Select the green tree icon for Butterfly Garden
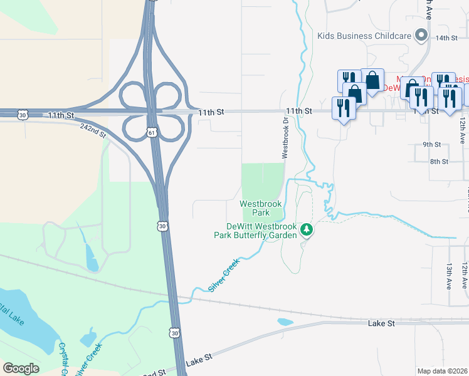[x=307, y=230]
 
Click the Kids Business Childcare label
[x=364, y=36]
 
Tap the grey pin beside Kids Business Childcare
[x=421, y=36]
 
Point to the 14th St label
[x=446, y=38]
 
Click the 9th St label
[x=431, y=144]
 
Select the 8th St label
[x=439, y=162]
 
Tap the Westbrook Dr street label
[x=285, y=142]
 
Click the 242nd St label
[x=93, y=130]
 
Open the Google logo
[x=21, y=368]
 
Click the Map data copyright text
[x=443, y=371]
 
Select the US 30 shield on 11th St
[x=23, y=115]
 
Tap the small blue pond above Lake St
[x=285, y=322]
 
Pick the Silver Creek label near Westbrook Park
[x=224, y=276]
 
